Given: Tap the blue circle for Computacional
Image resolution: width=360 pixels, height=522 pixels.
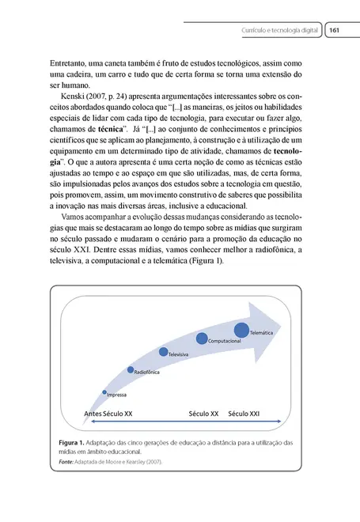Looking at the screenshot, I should pos(203,339).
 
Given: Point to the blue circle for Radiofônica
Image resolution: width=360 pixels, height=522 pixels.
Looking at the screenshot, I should pos(130,369).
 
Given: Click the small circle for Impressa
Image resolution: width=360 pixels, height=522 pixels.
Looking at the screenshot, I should pos(104,391).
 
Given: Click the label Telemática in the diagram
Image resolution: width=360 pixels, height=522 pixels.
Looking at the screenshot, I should pos(262,334).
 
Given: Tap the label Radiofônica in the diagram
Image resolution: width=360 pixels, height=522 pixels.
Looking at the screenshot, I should pos(147,371).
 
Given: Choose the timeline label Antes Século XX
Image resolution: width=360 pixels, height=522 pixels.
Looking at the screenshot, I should pos(108,413).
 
